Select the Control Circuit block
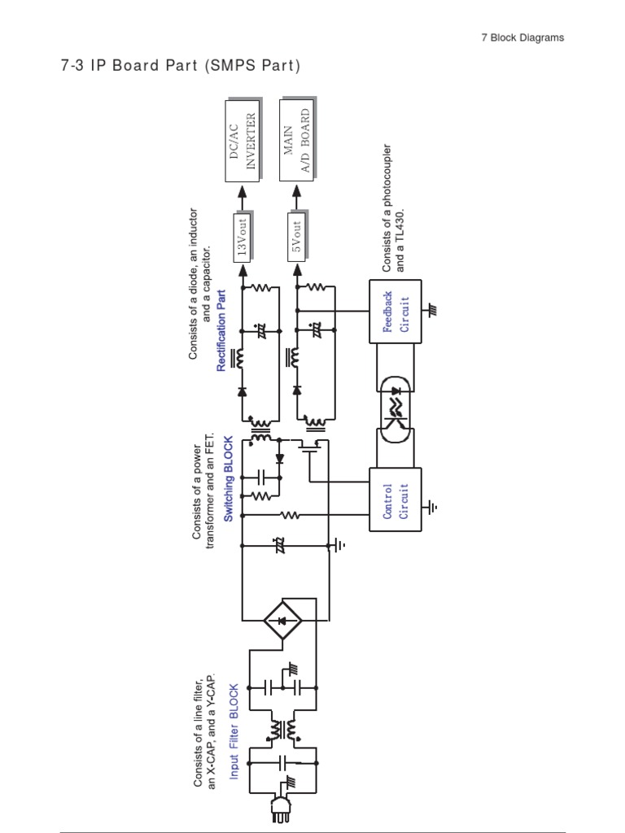pos(396,500)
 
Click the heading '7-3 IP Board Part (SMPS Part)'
pos(180,65)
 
